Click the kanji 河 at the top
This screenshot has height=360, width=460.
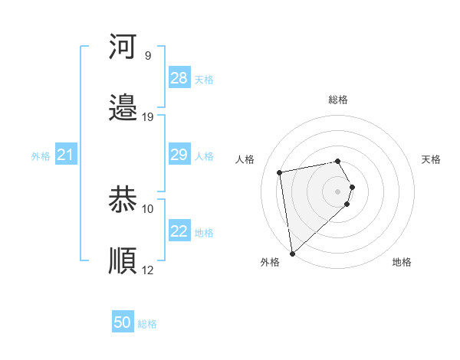(123, 47)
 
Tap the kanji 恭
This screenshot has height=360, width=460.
(123, 200)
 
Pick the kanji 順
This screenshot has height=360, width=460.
(123, 260)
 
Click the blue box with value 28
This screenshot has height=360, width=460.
(179, 78)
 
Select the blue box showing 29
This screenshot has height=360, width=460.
(179, 155)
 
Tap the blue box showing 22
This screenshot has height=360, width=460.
(179, 231)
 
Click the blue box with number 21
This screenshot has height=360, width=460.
(65, 155)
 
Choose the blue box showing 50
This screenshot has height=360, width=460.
(123, 323)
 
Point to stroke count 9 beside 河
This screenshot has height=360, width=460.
(148, 56)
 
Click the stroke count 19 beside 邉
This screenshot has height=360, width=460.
(148, 117)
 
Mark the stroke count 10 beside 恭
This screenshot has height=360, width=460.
(148, 208)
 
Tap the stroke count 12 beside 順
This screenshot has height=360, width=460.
(148, 270)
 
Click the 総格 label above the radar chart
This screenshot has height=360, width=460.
(338, 100)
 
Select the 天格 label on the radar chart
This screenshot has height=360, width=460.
(432, 159)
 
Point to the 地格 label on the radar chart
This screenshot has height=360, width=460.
(402, 262)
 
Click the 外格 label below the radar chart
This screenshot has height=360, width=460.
(270, 262)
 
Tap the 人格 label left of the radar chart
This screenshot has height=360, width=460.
(245, 159)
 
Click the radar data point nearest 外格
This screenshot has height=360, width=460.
(292, 253)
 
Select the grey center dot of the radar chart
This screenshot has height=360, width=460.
(338, 191)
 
